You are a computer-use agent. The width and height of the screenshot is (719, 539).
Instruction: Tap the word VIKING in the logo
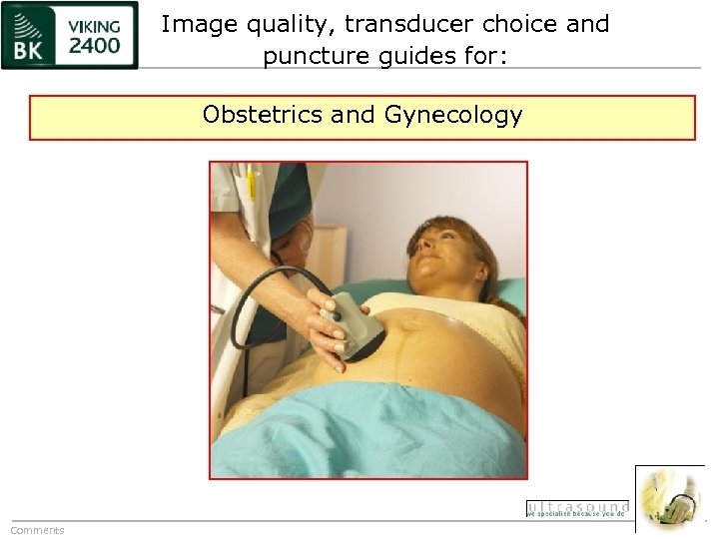[95, 25]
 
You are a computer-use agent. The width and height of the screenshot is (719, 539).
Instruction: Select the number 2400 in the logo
[95, 45]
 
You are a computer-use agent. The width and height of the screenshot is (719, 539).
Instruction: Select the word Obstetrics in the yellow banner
[263, 115]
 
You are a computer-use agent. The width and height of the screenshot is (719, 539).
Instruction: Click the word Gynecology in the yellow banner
[453, 115]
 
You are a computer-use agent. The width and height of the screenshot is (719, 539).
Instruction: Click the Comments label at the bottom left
[37, 530]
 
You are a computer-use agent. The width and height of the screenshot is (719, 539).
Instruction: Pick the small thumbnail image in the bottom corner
[670, 497]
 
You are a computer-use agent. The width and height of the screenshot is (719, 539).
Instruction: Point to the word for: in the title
[482, 57]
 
